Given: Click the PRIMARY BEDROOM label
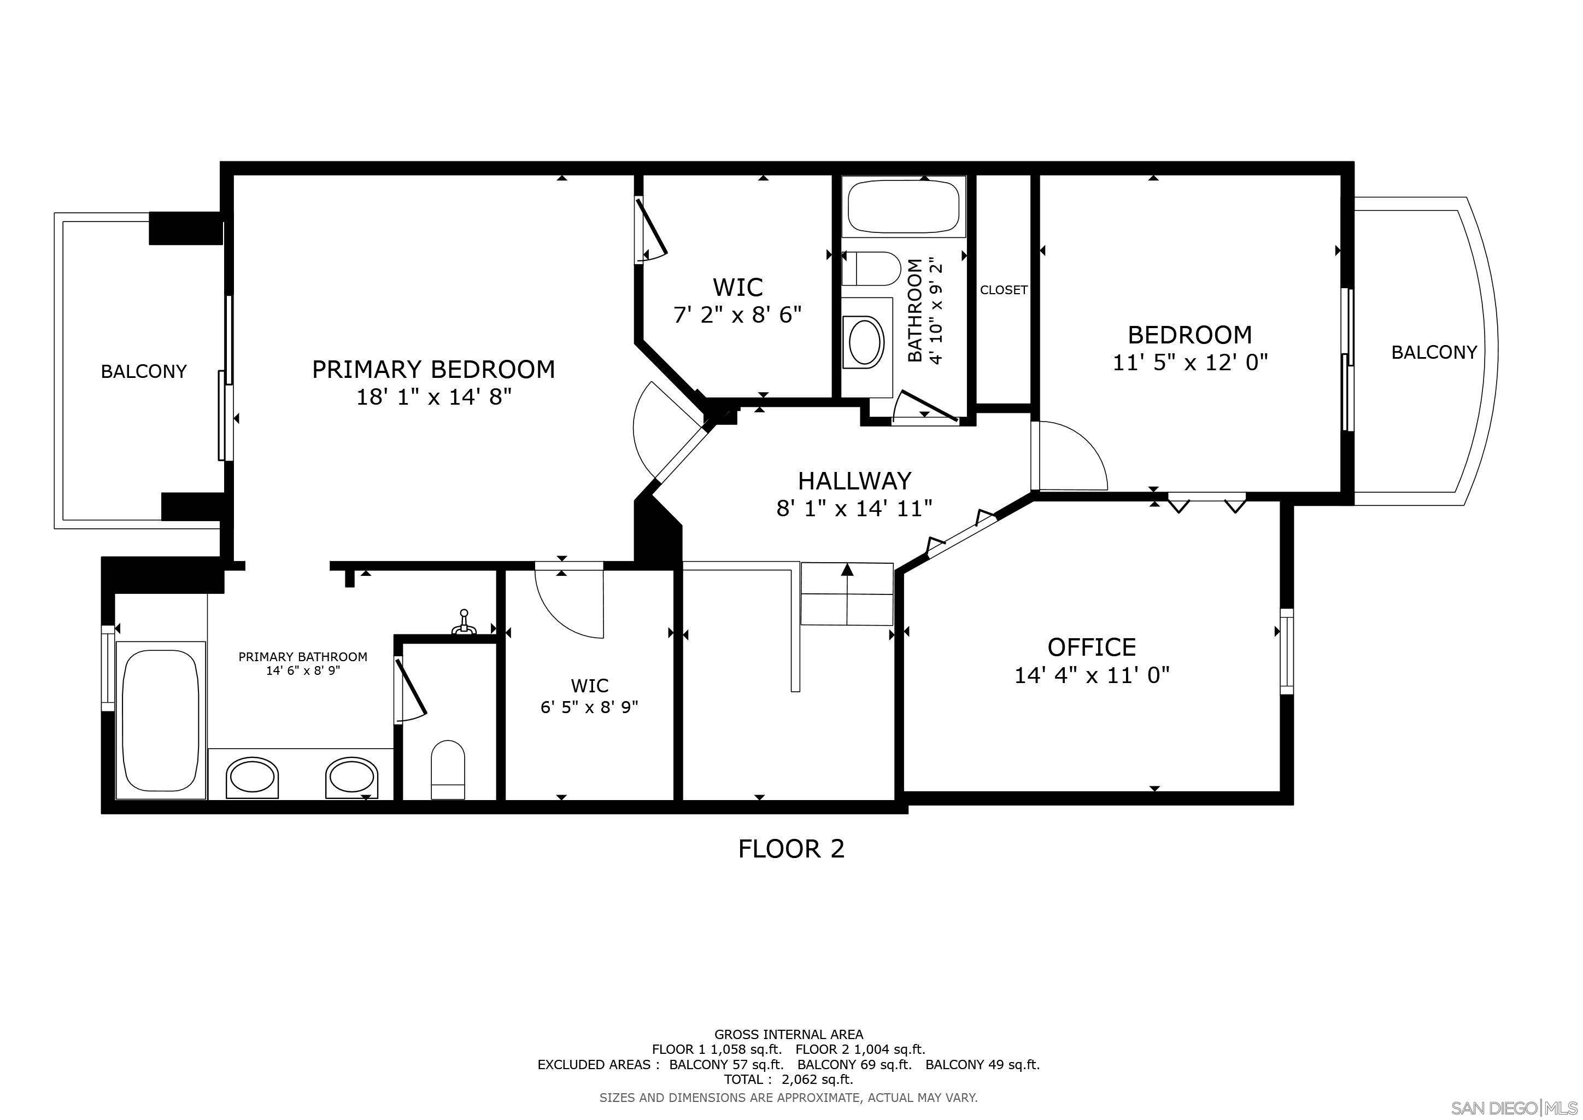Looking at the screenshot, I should [433, 370].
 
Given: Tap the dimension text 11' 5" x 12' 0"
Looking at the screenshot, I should [1190, 362].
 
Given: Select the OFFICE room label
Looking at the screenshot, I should [1092, 647].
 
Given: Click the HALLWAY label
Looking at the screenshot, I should [854, 481].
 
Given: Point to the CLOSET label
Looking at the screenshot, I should [1003, 290].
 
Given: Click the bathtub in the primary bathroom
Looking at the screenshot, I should [161, 719].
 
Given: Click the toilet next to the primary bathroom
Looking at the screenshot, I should [448, 769].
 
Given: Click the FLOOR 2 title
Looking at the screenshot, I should [791, 849].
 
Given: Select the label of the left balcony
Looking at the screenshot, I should [143, 372].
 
